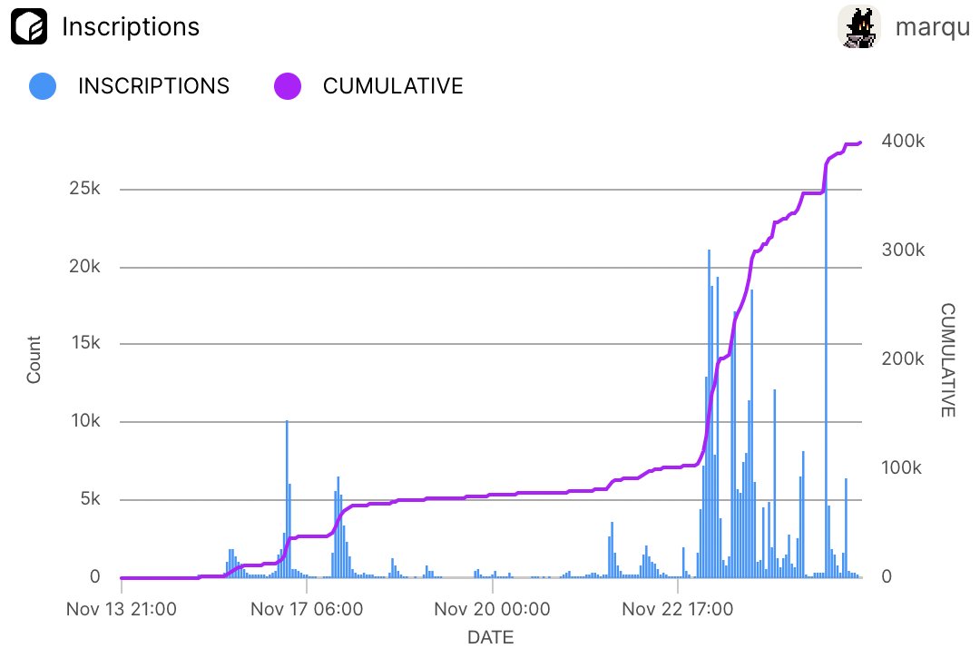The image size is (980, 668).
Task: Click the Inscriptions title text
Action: [131, 27]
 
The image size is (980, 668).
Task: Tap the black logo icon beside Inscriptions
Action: [28, 27]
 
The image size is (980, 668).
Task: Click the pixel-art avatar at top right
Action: [858, 27]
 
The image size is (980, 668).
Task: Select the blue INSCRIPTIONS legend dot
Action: [43, 86]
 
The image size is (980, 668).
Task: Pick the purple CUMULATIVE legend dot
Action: [287, 86]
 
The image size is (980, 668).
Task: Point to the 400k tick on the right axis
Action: [904, 142]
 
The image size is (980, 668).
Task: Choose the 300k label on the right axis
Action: [904, 250]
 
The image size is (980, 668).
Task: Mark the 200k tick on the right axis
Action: [904, 359]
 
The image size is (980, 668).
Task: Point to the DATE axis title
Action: [490, 638]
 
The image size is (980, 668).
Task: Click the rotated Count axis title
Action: [34, 359]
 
